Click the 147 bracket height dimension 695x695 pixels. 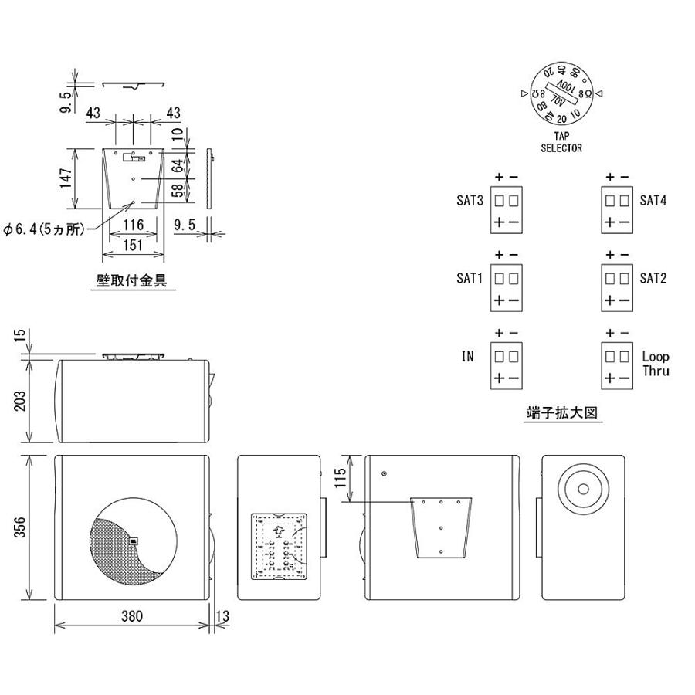pos(67,179)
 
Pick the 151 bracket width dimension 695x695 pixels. pos(134,243)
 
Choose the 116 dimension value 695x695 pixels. pos(134,225)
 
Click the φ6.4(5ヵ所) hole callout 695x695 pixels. pos(45,229)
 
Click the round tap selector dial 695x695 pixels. pos(561,94)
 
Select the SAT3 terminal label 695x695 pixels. pos(470,201)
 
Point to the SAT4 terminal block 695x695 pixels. pos(618,209)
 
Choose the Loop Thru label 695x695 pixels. pos(656,364)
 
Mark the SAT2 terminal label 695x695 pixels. pos(653,278)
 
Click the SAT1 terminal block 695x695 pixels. pos(507,287)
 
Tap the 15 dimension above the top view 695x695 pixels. pos(22,338)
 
